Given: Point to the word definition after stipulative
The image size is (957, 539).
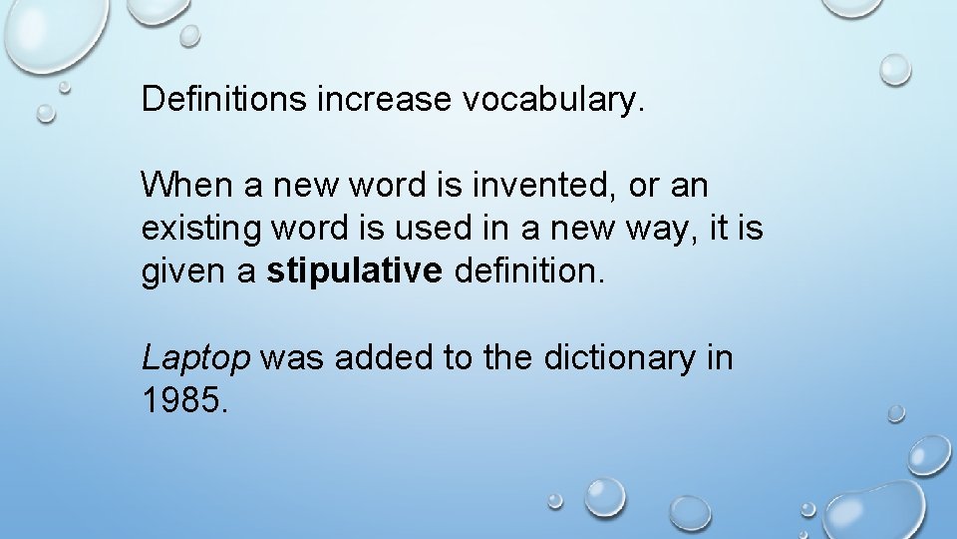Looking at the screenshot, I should click(528, 271).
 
